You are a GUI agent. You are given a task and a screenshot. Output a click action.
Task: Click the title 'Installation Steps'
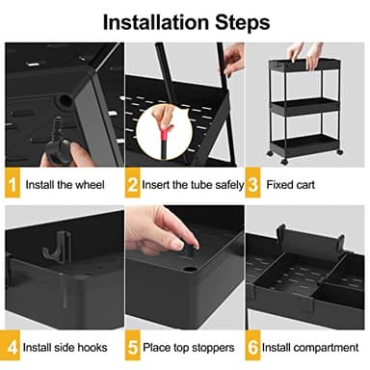[x=185, y=20]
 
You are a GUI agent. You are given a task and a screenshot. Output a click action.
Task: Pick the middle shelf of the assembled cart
[x=307, y=107]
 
